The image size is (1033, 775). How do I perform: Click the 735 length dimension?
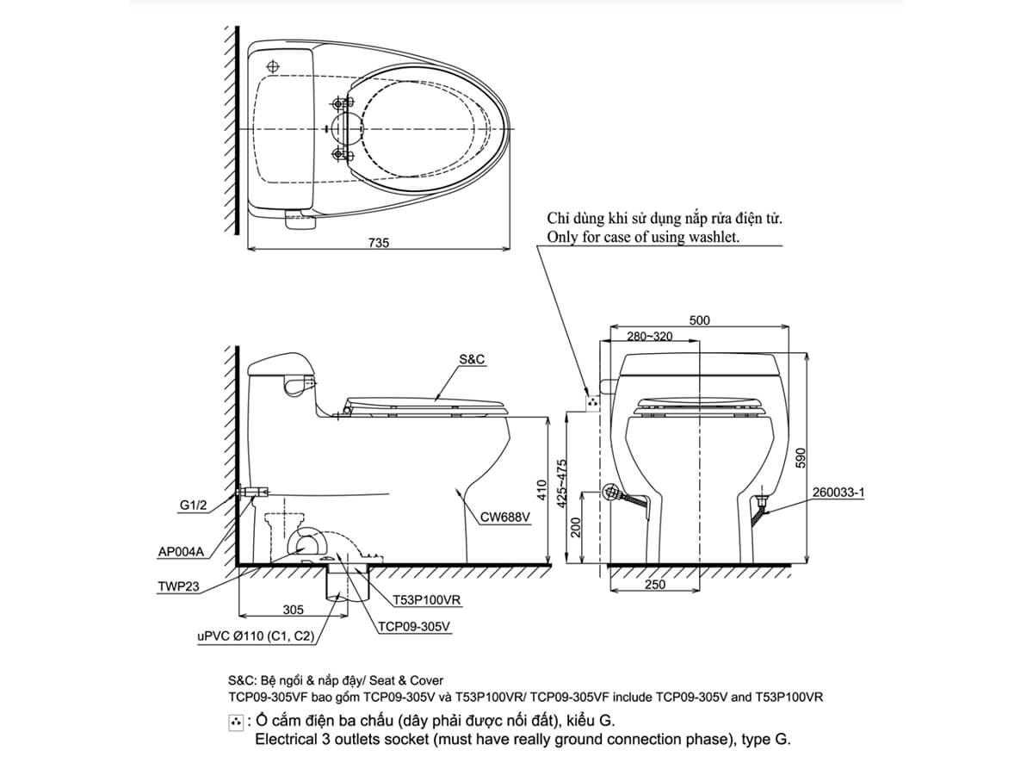pos(379,243)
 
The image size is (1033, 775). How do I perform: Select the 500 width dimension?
pos(700,320)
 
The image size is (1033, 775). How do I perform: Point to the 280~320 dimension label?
pos(650,336)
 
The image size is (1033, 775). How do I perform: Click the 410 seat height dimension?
pos(541,491)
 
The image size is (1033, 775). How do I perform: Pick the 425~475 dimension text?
pos(562,487)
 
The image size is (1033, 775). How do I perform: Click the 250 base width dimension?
pos(654,586)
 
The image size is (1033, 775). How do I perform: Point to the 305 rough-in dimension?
pos(293,610)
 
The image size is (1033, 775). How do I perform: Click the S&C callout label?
pos(471,360)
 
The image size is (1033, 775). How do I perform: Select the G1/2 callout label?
pos(193,506)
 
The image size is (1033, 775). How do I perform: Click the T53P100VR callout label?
pos(428,599)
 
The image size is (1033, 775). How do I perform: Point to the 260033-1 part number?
pos(837,493)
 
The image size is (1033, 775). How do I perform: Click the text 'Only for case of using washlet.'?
pos(643,237)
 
